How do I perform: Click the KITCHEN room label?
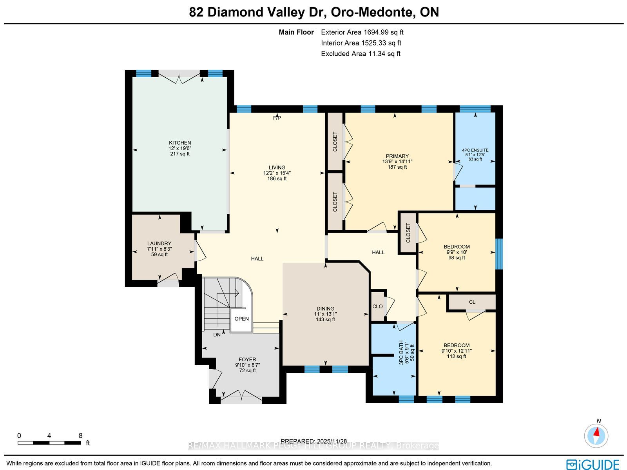coord(179,143)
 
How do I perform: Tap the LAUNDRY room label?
coord(159,243)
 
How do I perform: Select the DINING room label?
coord(325,308)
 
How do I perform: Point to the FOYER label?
coord(247,359)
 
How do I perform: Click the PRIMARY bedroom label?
coord(397,156)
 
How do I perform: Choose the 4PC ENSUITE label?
coord(475,150)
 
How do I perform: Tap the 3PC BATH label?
coord(401,352)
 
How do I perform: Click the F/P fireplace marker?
coord(277,118)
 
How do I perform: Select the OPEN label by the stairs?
coord(241,319)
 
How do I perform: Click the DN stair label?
coord(217,335)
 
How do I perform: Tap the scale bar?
coord(49,443)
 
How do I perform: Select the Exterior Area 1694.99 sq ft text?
coord(362,32)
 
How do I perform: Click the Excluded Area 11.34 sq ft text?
coord(361,54)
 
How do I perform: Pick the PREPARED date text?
coord(313,441)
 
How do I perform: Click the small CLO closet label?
coord(377,306)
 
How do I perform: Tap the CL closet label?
coord(472,302)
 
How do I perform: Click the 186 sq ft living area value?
coord(277,179)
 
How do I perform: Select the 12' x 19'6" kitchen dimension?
coord(179,148)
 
